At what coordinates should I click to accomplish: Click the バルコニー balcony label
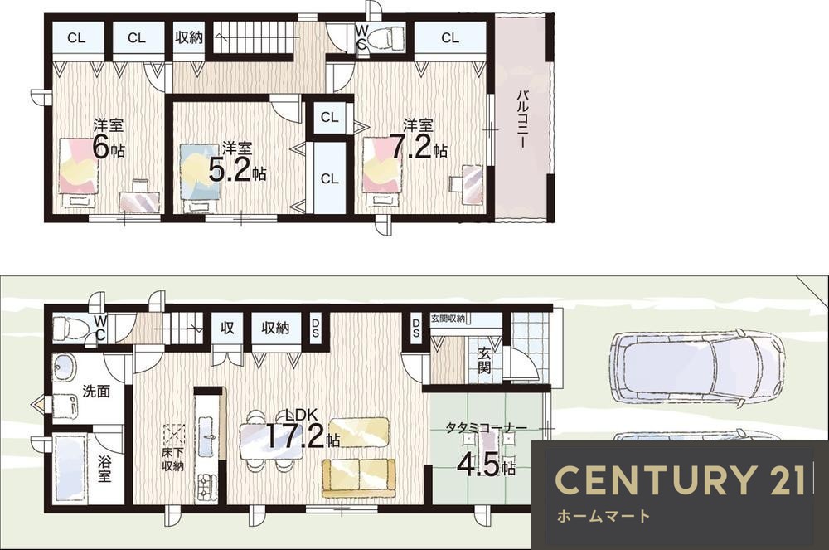[521, 119]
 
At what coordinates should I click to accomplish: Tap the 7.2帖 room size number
[418, 148]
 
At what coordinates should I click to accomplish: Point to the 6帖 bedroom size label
[109, 147]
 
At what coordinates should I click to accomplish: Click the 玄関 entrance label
[484, 360]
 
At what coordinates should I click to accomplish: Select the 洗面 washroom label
[96, 392]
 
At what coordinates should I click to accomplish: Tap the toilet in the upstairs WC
[385, 38]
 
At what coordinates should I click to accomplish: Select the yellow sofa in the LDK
[359, 478]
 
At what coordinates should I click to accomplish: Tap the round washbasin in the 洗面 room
[65, 367]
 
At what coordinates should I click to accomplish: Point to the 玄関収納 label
[448, 319]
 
